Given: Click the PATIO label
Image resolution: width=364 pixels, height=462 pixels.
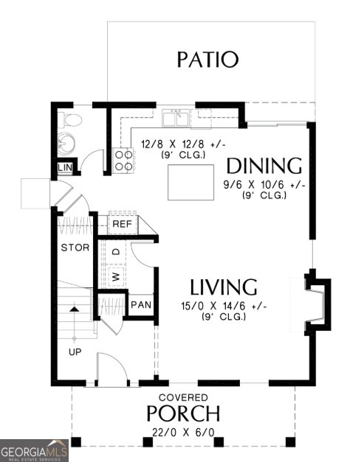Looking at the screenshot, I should (x=207, y=59).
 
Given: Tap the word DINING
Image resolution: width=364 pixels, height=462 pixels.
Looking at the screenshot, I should (x=264, y=165).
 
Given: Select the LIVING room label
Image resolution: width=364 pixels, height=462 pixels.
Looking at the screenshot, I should (x=223, y=287).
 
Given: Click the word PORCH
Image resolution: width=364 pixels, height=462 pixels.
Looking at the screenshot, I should (x=183, y=413).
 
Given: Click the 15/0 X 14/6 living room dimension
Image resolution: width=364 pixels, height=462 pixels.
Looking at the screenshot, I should (x=223, y=306).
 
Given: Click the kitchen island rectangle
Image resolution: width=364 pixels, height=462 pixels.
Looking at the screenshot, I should (x=190, y=183).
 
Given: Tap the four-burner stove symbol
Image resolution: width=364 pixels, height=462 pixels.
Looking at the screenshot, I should (x=123, y=160).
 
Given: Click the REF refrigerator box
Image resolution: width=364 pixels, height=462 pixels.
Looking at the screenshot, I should (x=121, y=223).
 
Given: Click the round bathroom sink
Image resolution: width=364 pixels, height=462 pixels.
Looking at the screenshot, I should (x=66, y=143).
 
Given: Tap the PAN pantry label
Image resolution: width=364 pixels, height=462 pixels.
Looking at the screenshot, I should (x=140, y=304).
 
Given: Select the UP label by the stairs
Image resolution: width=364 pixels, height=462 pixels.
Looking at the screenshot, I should (x=75, y=351).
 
